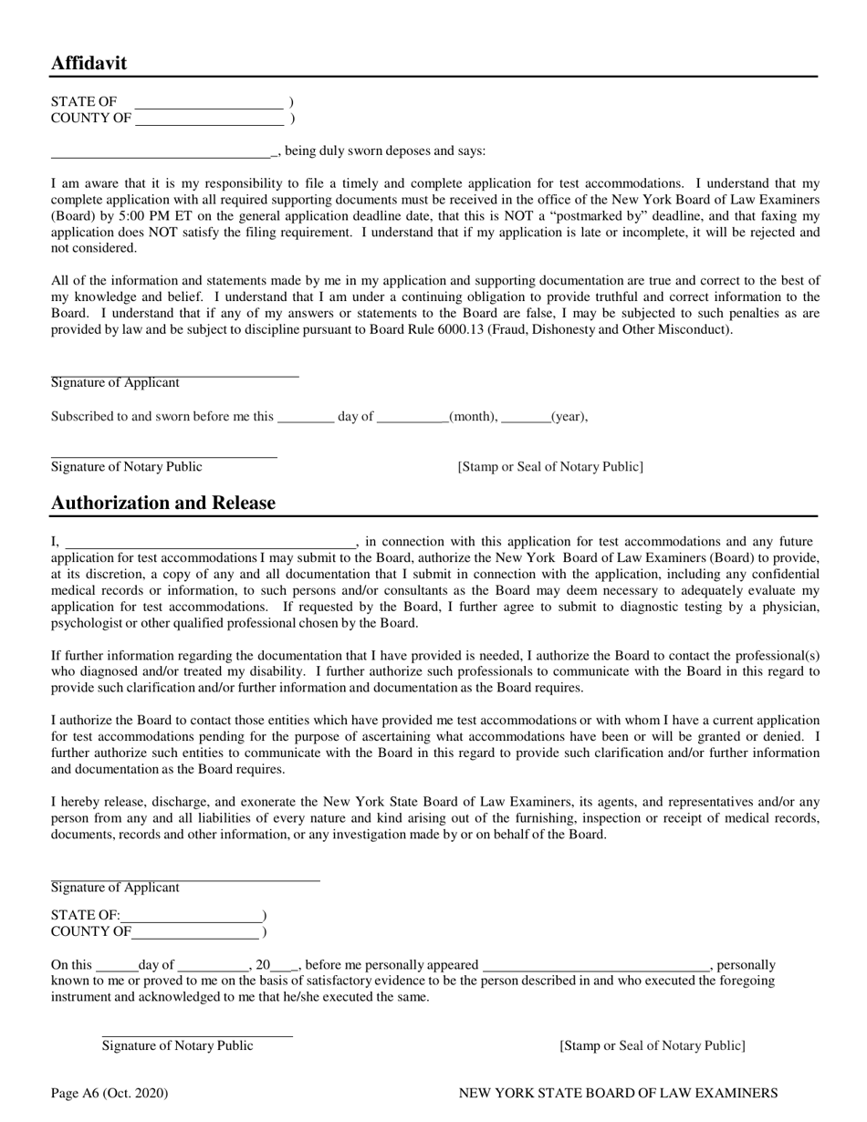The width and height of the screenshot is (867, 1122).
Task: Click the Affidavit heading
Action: [89, 63]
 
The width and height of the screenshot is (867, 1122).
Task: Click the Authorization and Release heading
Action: [162, 503]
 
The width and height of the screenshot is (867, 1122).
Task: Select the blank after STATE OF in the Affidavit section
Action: [209, 102]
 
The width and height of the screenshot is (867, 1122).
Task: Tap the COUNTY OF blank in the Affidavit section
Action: [209, 119]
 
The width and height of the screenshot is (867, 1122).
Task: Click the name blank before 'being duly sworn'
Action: [162, 151]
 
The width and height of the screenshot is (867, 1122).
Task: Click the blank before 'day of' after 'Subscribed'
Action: [305, 417]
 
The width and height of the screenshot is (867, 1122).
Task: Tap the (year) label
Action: [569, 417]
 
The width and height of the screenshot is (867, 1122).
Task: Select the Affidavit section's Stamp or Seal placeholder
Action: [550, 467]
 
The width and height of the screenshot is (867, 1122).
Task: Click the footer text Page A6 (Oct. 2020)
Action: [110, 1093]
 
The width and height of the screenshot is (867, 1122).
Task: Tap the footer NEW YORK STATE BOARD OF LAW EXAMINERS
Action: [618, 1093]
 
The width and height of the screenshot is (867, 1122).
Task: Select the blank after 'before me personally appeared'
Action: [596, 965]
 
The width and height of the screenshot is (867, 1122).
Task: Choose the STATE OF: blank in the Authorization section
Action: [191, 916]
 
